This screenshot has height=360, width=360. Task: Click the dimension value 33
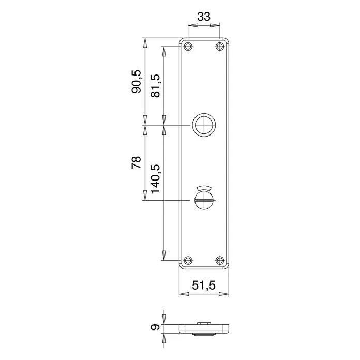(x=204, y=17)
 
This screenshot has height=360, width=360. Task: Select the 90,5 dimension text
(x=136, y=82)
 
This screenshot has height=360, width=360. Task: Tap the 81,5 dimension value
(x=155, y=86)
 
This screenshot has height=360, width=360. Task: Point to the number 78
(x=136, y=162)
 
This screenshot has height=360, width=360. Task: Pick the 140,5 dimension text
(x=155, y=178)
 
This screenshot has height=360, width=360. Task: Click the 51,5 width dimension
(x=204, y=286)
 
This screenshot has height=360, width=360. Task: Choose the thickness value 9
(x=155, y=327)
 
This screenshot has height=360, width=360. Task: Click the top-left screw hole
(x=188, y=47)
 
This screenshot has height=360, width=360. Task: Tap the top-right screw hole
(x=220, y=47)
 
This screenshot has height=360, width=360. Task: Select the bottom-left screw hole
(x=188, y=260)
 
